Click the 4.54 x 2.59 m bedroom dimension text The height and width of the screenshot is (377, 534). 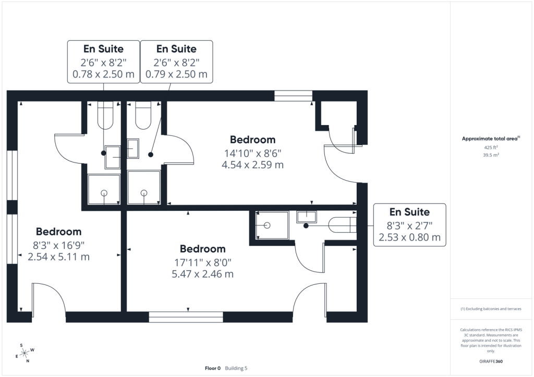(253, 165)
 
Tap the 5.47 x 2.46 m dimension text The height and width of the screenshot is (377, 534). (203, 274)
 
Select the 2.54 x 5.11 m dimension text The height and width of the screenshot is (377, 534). (58, 257)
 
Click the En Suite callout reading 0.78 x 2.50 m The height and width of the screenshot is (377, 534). (104, 62)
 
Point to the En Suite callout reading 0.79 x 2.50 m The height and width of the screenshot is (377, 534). (176, 62)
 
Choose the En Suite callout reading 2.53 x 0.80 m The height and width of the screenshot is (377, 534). (410, 225)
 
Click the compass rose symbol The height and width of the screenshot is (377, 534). (25, 354)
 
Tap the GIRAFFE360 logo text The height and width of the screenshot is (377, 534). (491, 361)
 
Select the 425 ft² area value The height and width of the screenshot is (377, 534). (491, 147)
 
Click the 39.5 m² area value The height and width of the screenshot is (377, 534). (491, 155)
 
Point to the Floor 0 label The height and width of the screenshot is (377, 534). (213, 368)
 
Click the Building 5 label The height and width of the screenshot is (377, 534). (236, 368)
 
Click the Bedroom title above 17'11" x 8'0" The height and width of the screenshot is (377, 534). (203, 249)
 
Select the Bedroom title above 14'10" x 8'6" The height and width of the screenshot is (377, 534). (253, 140)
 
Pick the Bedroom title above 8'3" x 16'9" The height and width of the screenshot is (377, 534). (58, 232)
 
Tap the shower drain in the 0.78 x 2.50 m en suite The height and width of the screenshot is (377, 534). (104, 193)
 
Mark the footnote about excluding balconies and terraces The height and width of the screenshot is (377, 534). (491, 309)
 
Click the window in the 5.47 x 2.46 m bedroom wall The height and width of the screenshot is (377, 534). (186, 317)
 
